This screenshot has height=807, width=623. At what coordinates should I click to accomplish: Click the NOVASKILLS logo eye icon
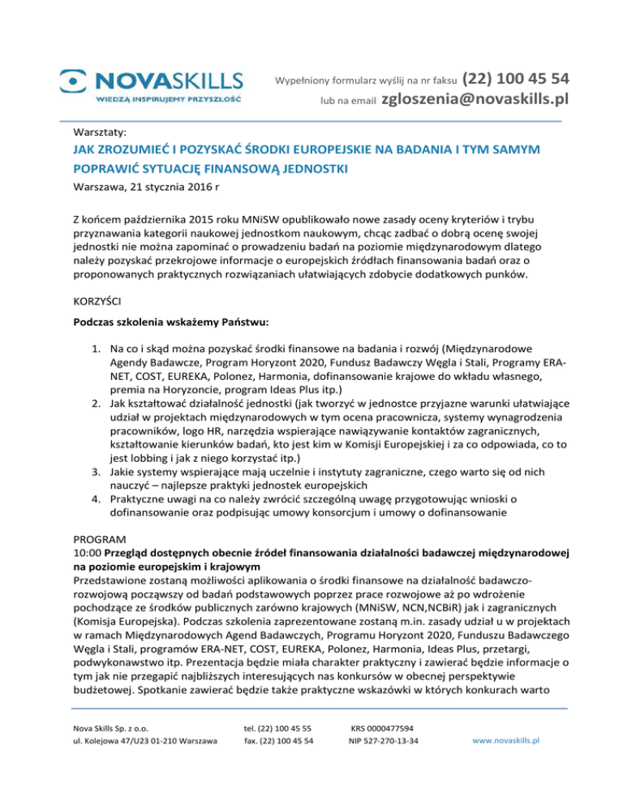click(x=75, y=80)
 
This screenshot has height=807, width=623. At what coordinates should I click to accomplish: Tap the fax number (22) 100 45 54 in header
click(x=514, y=79)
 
